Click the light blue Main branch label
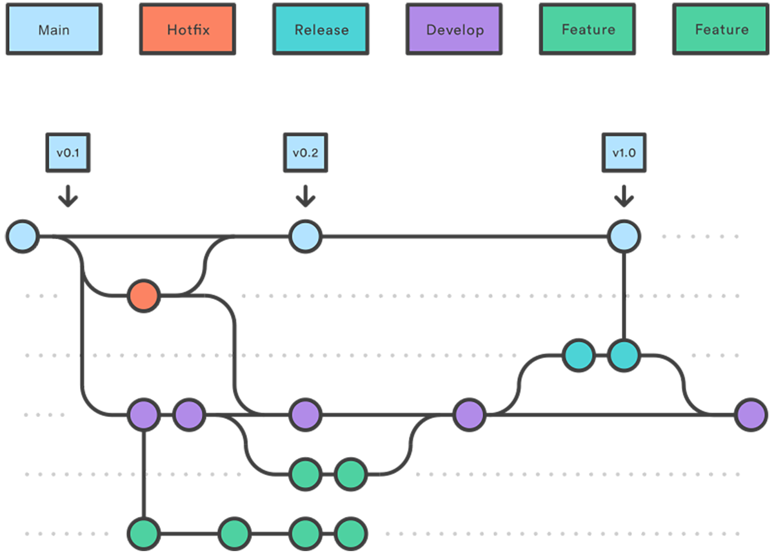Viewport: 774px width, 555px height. pyautogui.click(x=54, y=30)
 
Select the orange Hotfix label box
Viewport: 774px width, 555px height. pyautogui.click(x=188, y=30)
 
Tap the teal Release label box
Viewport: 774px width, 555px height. pyautogui.click(x=321, y=30)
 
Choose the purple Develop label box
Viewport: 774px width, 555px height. pyautogui.click(x=454, y=30)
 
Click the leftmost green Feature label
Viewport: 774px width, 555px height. pyautogui.click(x=588, y=30)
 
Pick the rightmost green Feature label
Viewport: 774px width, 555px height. pyautogui.click(x=721, y=30)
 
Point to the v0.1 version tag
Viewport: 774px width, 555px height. pyautogui.click(x=68, y=153)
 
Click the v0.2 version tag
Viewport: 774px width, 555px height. pyautogui.click(x=305, y=153)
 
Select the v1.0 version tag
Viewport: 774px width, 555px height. pyautogui.click(x=624, y=153)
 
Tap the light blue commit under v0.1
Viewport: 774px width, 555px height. pyautogui.click(x=21, y=236)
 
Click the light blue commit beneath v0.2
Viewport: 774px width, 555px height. pyautogui.click(x=305, y=236)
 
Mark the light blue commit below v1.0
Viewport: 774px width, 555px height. pyautogui.click(x=624, y=236)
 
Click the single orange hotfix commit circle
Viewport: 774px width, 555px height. pyautogui.click(x=143, y=296)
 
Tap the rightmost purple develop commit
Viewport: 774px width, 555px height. pyautogui.click(x=751, y=414)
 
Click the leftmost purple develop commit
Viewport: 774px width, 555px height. pyautogui.click(x=143, y=414)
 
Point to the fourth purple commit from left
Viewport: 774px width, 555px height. pyautogui.click(x=469, y=414)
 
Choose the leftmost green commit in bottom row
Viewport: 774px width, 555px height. pyautogui.click(x=143, y=533)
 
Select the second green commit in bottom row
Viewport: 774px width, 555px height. pyautogui.click(x=234, y=533)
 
